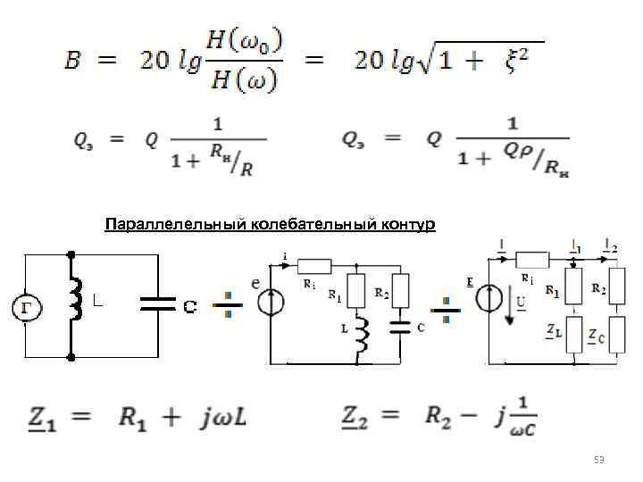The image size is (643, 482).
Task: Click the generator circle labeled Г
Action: click(x=26, y=307)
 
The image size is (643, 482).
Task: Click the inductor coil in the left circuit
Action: click(x=76, y=298)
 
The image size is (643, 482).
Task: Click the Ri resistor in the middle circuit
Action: click(x=313, y=265)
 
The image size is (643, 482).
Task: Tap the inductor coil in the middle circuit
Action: click(x=361, y=333)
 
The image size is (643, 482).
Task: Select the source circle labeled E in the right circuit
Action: click(x=489, y=298)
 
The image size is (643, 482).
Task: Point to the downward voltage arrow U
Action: click(x=509, y=308)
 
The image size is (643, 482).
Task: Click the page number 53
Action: click(x=599, y=461)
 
